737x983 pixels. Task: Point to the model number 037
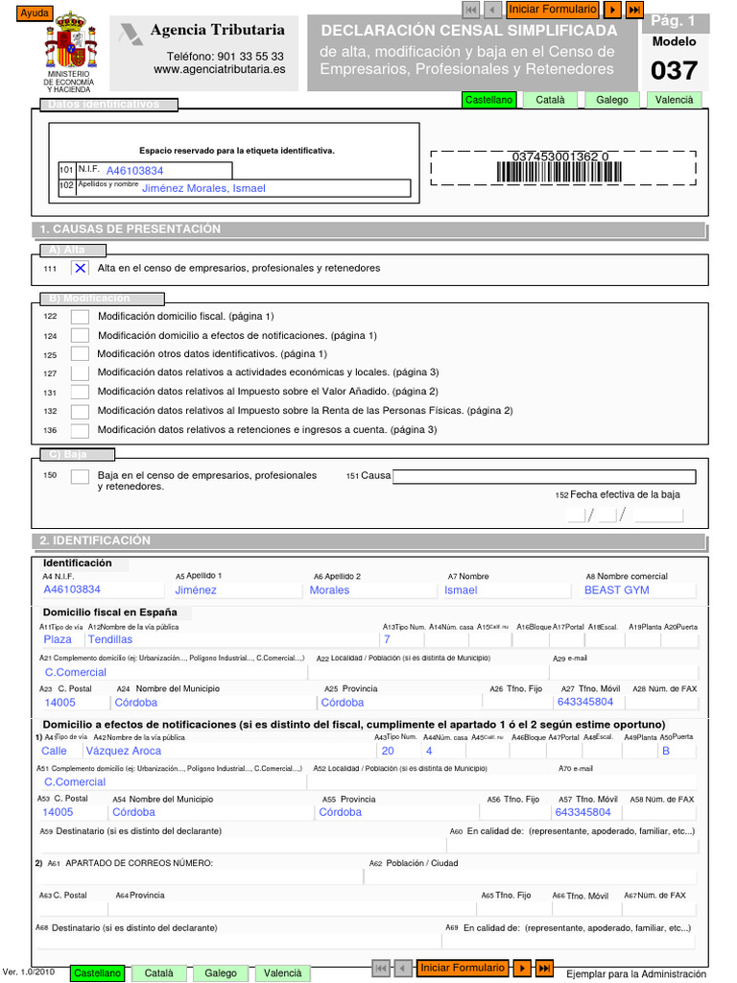[674, 71]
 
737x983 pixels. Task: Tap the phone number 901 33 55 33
[225, 57]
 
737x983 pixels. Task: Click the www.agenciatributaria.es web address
[219, 69]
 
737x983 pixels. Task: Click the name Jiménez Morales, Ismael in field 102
[203, 188]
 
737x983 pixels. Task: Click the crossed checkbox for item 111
[81, 268]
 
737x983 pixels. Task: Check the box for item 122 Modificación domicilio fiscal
[81, 316]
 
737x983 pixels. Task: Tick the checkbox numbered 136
[81, 430]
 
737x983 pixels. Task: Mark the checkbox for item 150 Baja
[81, 476]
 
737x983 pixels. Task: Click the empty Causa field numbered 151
[544, 476]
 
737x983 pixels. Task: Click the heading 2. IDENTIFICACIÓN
[95, 540]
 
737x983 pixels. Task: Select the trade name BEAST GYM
[616, 590]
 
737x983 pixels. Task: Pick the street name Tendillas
[110, 639]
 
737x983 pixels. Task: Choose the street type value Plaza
[58, 639]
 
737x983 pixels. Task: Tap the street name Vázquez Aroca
[124, 752]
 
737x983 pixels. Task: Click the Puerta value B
[665, 752]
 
